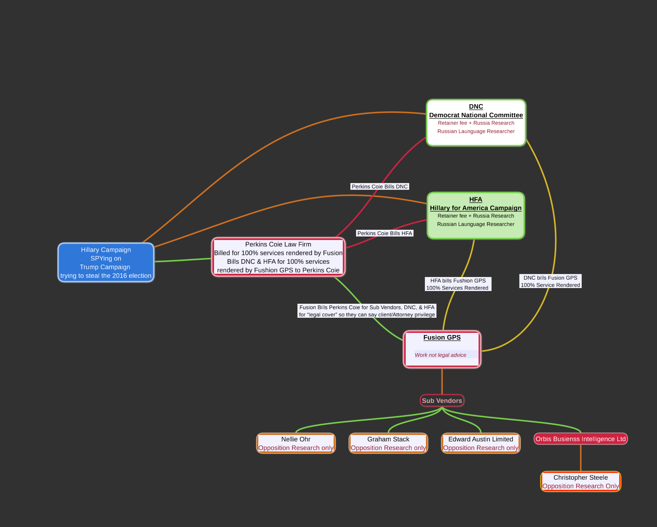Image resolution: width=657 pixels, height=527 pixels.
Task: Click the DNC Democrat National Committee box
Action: coord(476,123)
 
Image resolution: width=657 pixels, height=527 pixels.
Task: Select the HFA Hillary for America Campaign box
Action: coord(476,215)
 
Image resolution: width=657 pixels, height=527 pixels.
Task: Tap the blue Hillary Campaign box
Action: coord(106,262)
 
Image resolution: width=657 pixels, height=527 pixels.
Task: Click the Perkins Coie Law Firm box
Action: coord(278,257)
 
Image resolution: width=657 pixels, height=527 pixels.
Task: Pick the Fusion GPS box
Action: coord(442,349)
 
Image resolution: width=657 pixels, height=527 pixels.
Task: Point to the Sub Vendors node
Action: coord(442,400)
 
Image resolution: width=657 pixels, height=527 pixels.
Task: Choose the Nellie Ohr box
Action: coord(296,443)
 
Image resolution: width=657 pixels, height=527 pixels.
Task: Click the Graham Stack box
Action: coord(388,443)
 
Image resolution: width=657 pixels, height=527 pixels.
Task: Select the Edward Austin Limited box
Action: coord(480,443)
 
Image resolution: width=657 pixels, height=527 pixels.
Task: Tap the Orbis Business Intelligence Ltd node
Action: coord(581,439)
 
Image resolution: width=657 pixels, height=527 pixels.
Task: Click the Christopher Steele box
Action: coord(581,482)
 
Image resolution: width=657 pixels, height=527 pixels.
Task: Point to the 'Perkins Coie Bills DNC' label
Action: coord(380,187)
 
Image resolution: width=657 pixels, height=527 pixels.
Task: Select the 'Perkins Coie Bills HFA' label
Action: coord(385,233)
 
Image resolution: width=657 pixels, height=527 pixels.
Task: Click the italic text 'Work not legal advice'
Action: coord(440,355)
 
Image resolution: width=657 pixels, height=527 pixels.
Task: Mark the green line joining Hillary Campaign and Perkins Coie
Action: coord(183,260)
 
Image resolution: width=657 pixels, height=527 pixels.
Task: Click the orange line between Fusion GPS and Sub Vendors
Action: coord(442,381)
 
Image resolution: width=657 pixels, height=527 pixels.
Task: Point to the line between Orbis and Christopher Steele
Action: coord(581,458)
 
